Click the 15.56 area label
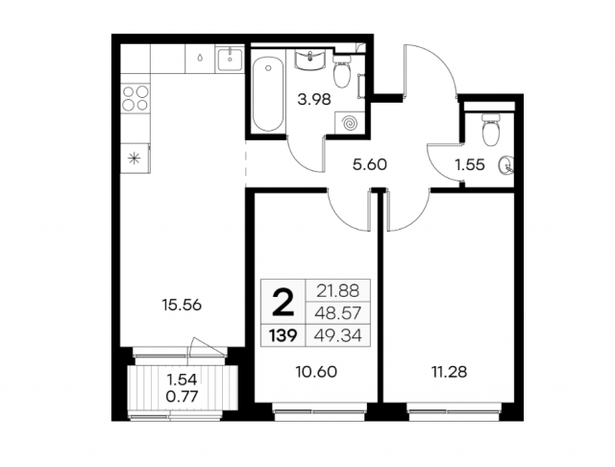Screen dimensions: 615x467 tap(182, 305)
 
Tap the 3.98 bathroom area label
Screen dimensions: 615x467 tap(314, 100)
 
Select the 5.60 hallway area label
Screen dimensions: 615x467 tap(369, 164)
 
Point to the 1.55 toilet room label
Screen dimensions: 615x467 tap(470, 165)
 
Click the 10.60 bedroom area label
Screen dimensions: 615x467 tap(316, 372)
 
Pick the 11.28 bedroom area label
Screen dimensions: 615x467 tap(449, 372)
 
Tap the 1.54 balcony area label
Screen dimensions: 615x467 tap(182, 380)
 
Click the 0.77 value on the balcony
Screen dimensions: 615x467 tap(182, 397)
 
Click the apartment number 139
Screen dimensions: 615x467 tap(283, 335)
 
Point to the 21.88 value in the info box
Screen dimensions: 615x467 tap(338, 291)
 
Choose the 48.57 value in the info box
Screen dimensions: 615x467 tap(338, 313)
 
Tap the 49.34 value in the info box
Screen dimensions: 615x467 tap(338, 335)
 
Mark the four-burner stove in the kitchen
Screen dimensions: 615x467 tap(135, 98)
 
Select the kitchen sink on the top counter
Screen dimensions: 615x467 tap(230, 60)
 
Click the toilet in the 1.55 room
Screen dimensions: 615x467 tap(490, 130)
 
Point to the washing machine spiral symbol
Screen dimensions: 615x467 tap(350, 123)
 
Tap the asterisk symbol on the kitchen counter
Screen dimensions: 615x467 tap(135, 159)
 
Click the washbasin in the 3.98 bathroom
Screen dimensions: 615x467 tap(310, 61)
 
